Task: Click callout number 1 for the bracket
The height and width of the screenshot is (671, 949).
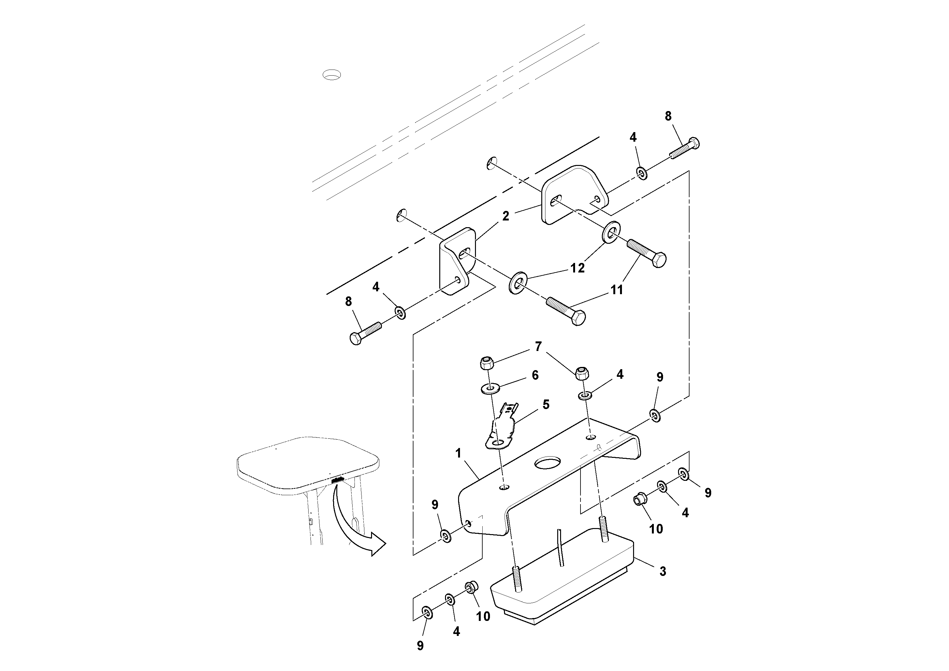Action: tap(458, 453)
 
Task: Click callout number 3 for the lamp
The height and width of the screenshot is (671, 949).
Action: tap(662, 571)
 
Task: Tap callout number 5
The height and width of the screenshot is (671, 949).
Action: tap(546, 405)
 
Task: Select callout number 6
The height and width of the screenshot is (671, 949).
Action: tap(535, 375)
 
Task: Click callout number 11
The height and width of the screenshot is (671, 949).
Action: tap(617, 290)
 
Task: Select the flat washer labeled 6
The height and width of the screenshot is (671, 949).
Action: tap(490, 389)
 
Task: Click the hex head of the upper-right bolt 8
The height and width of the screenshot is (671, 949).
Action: tap(694, 143)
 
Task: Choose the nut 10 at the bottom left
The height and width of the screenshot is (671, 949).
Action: tap(471, 587)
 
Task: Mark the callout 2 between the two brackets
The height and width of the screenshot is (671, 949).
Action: tap(506, 216)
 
